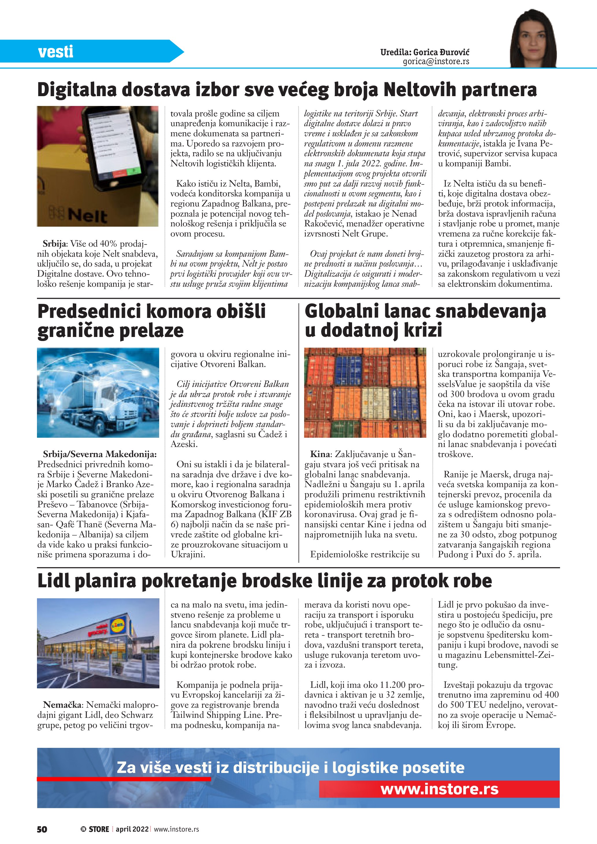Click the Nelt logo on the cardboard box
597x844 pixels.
tap(83, 216)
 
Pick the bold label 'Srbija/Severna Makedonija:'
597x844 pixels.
tap(100, 454)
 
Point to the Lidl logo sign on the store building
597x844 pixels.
tap(119, 626)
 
